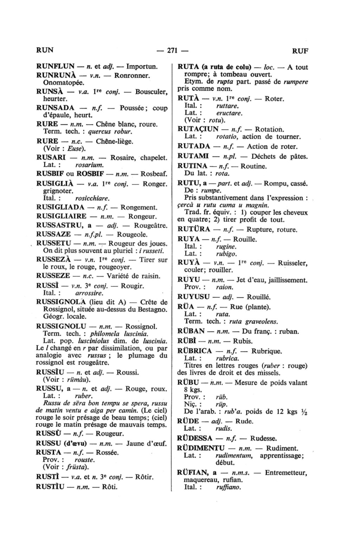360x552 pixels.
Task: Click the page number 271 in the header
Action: tap(171, 50)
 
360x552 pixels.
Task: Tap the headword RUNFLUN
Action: tap(55, 66)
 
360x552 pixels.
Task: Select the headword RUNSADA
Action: tap(55, 108)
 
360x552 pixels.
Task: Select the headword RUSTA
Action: tap(49, 452)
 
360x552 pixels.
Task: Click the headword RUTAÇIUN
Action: tap(198, 129)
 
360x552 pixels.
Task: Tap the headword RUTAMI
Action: tap(193, 156)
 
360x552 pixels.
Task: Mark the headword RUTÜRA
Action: tap(194, 230)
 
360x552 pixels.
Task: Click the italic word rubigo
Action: tap(226, 253)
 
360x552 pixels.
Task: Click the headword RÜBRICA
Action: tap(195, 351)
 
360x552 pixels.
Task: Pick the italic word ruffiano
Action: tap(229, 487)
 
